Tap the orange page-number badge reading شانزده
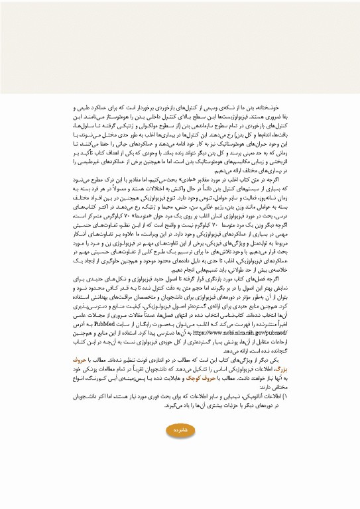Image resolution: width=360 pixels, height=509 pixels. click(181, 449)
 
